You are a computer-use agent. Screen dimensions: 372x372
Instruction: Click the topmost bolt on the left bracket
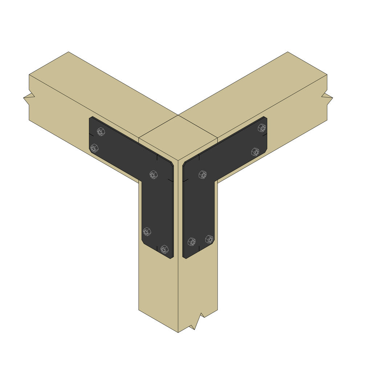click(x=101, y=132)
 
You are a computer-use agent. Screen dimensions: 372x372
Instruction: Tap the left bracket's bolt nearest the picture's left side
click(x=94, y=148)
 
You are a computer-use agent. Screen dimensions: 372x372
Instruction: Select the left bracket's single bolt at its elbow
click(x=154, y=175)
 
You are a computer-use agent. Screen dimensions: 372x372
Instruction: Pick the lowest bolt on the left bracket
click(x=164, y=249)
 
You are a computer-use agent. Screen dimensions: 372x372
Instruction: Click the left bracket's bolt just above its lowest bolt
click(x=147, y=231)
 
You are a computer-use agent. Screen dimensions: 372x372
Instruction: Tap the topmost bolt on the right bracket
click(x=262, y=128)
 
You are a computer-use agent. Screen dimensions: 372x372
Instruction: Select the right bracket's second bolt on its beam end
click(x=255, y=152)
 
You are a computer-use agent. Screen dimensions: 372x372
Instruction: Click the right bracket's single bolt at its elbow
click(x=202, y=175)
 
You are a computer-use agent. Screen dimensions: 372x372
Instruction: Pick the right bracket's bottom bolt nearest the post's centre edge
click(x=191, y=242)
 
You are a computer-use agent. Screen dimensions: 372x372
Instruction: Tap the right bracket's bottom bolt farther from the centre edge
click(x=209, y=239)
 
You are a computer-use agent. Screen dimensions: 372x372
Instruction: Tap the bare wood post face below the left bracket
click(x=158, y=287)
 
